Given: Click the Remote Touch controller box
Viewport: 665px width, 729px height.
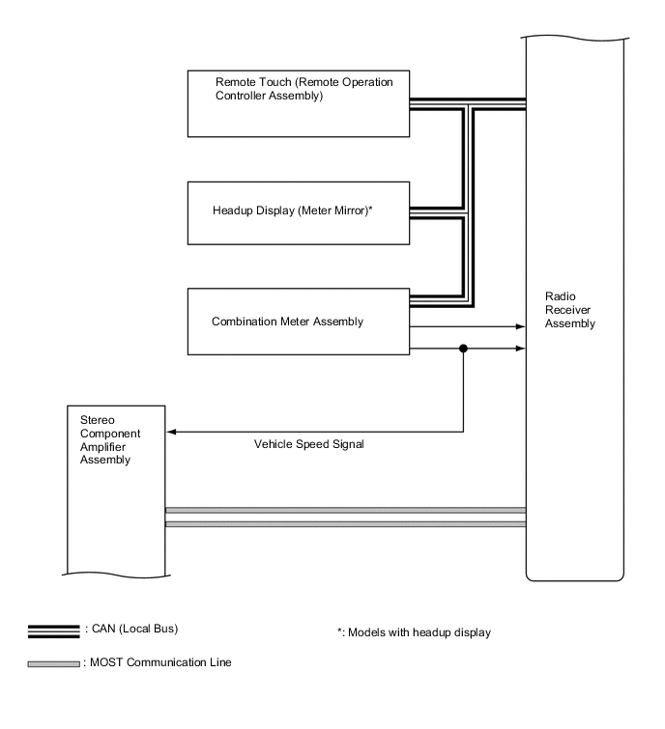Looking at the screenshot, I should point(299,101).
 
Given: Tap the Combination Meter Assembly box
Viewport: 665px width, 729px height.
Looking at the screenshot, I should point(299,321).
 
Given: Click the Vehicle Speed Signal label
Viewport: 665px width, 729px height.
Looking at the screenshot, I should point(303,445).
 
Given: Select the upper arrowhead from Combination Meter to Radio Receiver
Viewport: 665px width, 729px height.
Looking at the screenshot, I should point(520,326).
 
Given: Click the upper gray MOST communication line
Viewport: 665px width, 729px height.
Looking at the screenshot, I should point(345,509).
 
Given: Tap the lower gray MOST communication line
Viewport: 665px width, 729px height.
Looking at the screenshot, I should point(345,524).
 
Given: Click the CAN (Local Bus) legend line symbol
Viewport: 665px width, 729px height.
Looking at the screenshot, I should point(53,631).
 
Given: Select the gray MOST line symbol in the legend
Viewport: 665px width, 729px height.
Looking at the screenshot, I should point(53,663).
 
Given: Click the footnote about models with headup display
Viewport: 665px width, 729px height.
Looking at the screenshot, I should point(413,632).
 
